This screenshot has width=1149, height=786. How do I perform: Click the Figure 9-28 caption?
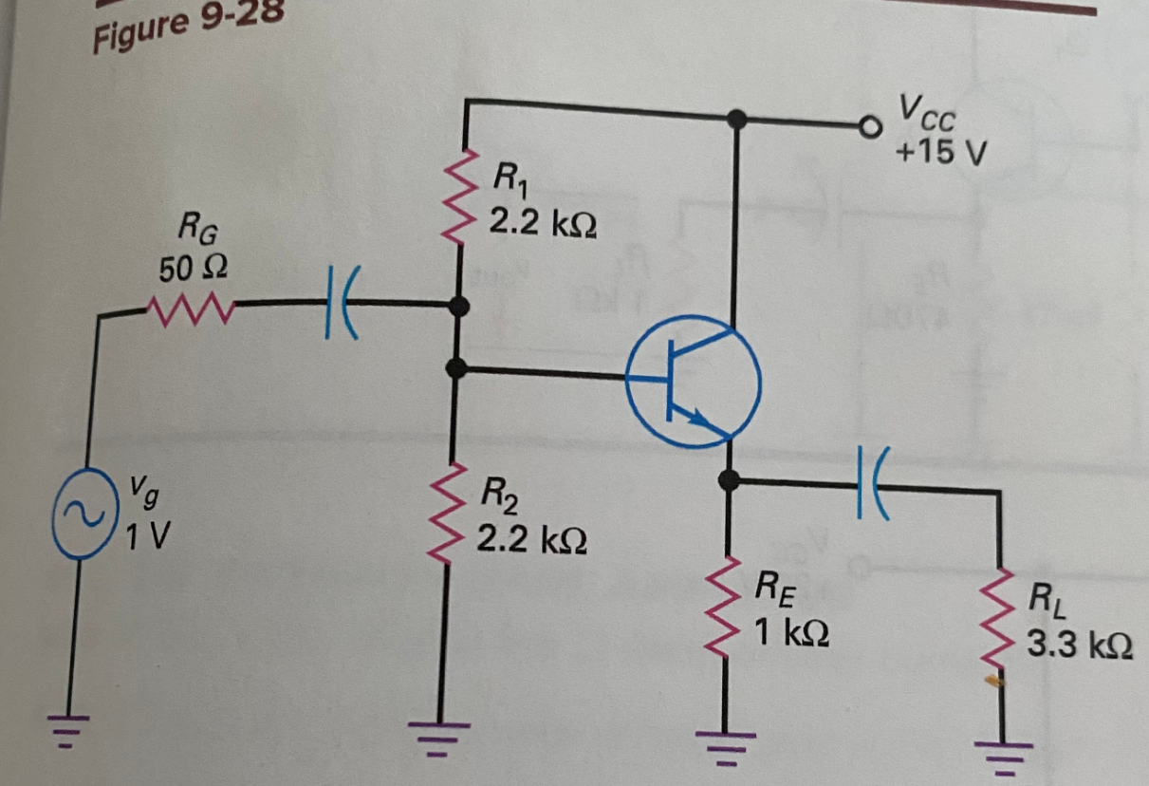[x=180, y=28]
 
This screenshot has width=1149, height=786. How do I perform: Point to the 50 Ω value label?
[x=193, y=270]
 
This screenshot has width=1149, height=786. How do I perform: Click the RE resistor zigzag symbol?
[x=728, y=607]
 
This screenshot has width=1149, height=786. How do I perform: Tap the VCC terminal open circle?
[x=865, y=125]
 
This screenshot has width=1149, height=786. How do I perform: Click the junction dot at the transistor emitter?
[x=728, y=480]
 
